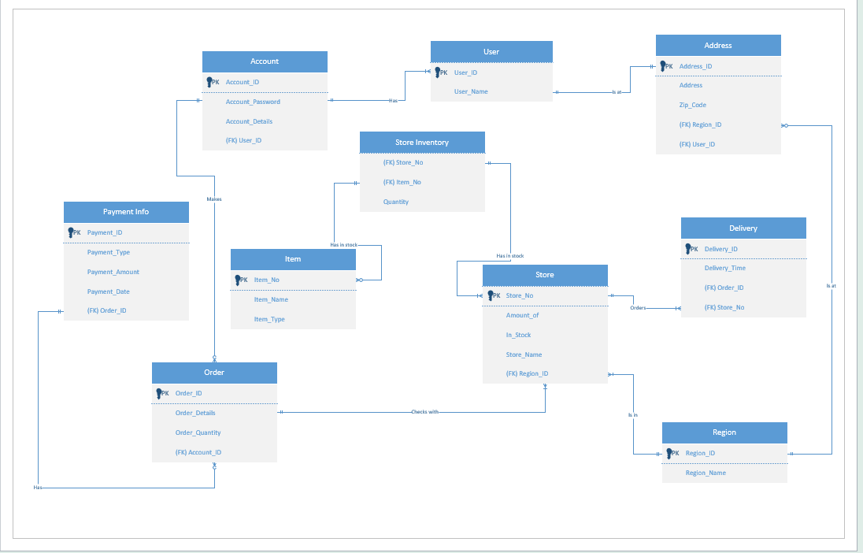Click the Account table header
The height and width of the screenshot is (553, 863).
click(x=265, y=61)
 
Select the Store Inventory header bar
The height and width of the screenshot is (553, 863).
click(x=422, y=143)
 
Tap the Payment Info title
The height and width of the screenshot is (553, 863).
click(x=126, y=212)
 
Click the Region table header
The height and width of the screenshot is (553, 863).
click(x=724, y=432)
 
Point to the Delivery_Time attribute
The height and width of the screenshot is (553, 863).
click(x=724, y=269)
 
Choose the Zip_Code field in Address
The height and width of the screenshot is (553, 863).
click(x=692, y=105)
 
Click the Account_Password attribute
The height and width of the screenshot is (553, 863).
click(x=253, y=102)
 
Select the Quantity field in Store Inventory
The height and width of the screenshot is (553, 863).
click(x=396, y=202)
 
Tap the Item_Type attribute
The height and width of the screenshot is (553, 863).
click(x=269, y=319)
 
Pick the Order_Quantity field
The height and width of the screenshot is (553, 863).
click(x=198, y=432)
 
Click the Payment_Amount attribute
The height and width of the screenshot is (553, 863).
click(x=113, y=272)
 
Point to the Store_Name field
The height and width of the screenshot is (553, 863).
click(x=524, y=354)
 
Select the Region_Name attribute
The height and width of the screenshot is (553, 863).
click(x=706, y=473)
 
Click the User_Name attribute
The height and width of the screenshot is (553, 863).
click(x=471, y=91)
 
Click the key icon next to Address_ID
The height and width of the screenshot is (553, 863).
click(x=664, y=66)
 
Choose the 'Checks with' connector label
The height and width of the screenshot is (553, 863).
click(x=424, y=412)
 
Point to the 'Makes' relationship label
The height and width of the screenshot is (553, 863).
click(x=214, y=199)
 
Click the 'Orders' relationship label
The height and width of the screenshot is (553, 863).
click(x=638, y=308)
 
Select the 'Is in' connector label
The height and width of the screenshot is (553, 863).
click(x=633, y=414)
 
